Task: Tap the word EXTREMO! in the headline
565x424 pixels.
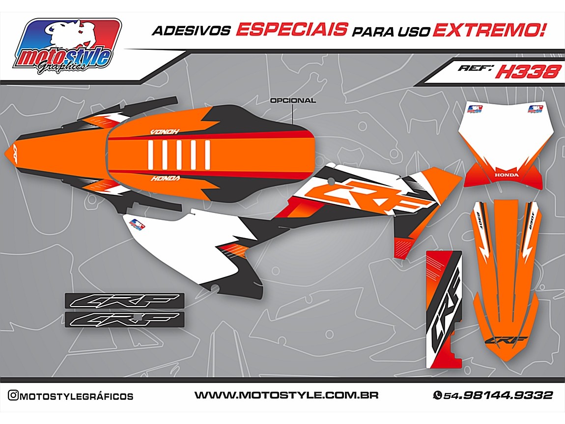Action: [x=489, y=30]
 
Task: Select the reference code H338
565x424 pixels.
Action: [x=528, y=72]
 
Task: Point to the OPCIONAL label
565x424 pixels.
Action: [x=293, y=100]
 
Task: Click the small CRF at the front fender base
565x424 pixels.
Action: [x=507, y=340]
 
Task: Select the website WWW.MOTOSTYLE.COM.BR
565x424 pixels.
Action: [x=286, y=395]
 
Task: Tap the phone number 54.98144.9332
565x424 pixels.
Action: [x=498, y=395]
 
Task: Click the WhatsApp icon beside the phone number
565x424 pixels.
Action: [x=437, y=395]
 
